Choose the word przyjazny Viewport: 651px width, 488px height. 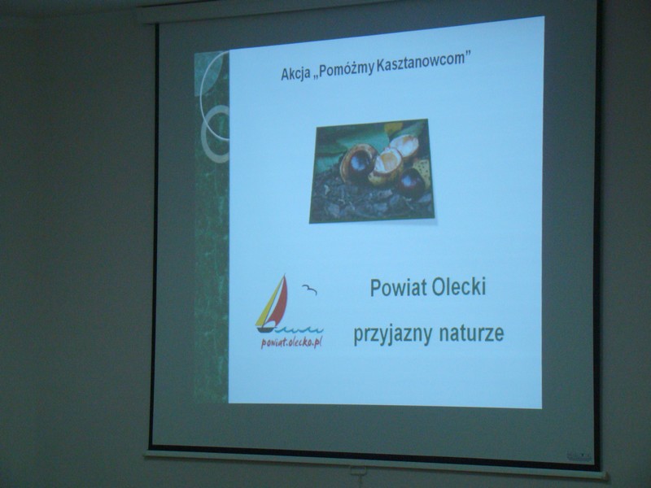tap(392, 334)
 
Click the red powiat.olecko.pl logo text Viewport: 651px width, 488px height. tap(291, 342)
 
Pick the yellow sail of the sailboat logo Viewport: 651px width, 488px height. tap(266, 306)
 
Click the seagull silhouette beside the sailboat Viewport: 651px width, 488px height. tap(309, 290)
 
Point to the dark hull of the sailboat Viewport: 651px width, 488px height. tap(266, 330)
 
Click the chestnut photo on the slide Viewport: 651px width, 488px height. tap(371, 171)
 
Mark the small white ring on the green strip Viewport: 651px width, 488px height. tap(215, 133)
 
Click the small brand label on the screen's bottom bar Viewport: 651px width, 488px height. tap(579, 456)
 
